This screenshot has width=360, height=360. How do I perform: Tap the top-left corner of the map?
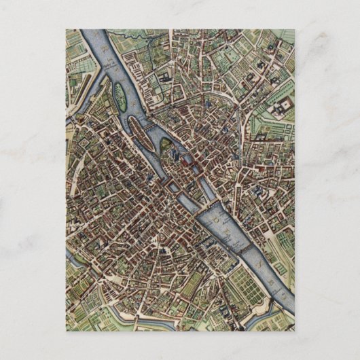[67, 30]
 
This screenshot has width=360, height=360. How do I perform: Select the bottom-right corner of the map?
[294, 330]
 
